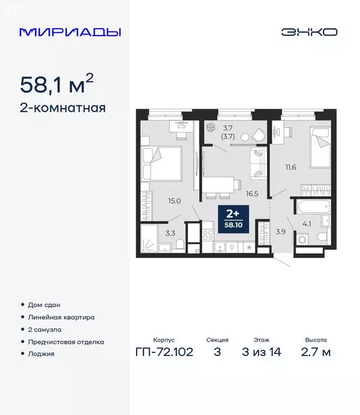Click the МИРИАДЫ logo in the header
pos(70,32)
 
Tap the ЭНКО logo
pos(309,32)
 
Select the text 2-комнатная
pos(62,108)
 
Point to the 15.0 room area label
pos(174,201)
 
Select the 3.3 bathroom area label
pos(169,233)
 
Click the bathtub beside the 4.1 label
pos(311,206)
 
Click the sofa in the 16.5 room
pos(258,163)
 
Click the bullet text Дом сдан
pos(45,305)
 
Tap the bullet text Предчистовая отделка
pos(65,342)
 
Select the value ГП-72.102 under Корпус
pos(164,353)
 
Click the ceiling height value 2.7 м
pos(316,353)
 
